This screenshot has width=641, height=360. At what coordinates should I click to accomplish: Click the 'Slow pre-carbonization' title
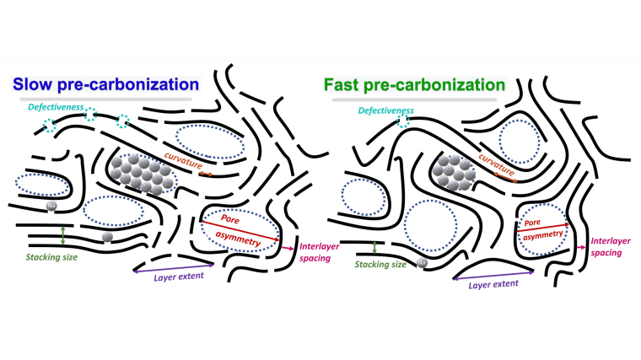click(x=105, y=84)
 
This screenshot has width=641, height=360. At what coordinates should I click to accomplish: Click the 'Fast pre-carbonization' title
click(x=418, y=84)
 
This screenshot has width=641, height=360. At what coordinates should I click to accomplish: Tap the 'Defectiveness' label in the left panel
click(x=56, y=107)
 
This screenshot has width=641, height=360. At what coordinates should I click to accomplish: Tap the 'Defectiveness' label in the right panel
click(x=386, y=110)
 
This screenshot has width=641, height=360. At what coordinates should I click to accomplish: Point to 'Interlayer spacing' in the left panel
click(x=315, y=253)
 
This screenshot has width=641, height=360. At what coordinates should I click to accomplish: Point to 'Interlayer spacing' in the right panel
click(x=610, y=246)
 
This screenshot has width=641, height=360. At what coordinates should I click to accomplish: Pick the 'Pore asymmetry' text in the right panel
click(x=541, y=229)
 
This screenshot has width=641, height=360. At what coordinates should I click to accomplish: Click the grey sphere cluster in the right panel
click(x=453, y=173)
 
